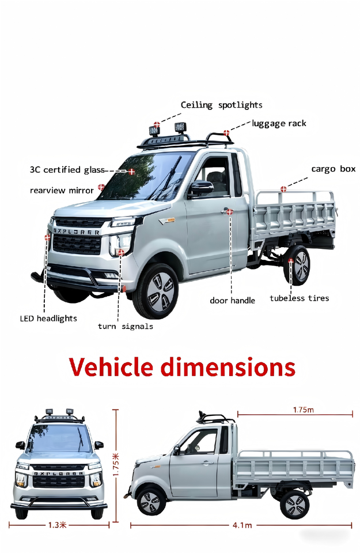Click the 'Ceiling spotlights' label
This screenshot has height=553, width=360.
[221, 105]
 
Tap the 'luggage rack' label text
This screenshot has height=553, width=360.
[279, 123]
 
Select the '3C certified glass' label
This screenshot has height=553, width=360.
[67, 170]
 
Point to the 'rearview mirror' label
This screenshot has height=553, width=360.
[62, 190]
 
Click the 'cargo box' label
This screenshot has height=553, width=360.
[333, 169]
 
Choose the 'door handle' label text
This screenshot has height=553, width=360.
[232, 301]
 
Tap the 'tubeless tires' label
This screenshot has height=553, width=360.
[299, 298]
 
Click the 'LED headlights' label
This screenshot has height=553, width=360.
[48, 318]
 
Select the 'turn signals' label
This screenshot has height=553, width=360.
[125, 327]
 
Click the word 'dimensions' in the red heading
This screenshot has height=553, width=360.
[228, 367]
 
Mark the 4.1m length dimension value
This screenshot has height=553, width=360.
[242, 525]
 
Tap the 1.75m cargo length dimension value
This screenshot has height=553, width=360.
[303, 410]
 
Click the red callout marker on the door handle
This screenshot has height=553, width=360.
[230, 212]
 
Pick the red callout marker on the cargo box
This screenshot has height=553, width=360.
[283, 189]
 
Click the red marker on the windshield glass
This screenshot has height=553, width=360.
[131, 171]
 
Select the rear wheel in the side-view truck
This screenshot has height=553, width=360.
[294, 505]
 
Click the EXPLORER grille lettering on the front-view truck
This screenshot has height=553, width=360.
[58, 474]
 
